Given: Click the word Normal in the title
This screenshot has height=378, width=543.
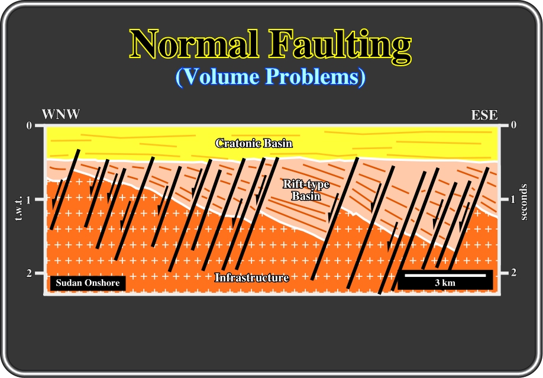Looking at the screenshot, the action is point(194,44).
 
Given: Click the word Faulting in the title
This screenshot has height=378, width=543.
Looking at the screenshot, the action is point(341,46).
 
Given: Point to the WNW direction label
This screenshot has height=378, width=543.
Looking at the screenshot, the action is point(60,114).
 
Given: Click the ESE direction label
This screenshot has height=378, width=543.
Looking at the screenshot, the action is point(484,115).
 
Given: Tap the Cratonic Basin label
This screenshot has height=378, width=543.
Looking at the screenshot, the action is point(254,143).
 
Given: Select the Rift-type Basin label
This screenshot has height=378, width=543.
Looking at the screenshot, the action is point(306,190).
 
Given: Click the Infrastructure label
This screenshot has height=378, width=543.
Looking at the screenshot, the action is point(252,277).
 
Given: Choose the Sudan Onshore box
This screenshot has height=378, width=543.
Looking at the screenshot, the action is point(88,283).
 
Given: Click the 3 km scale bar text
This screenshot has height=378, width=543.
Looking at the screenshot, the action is point(445,283).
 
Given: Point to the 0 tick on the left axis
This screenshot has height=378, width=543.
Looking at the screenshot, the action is point(29,125).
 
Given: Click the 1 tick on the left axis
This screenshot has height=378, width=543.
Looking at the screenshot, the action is point(29,199).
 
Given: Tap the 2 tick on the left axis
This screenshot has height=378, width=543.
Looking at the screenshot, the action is point(29,273).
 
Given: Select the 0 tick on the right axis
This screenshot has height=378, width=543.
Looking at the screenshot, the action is point(513,124).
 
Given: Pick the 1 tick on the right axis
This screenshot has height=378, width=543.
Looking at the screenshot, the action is point(513,199).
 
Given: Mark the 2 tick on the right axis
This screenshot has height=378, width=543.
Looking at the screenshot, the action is point(513,272).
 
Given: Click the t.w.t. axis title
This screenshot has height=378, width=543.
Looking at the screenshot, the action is point(19,209).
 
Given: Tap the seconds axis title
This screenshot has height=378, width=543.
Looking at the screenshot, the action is point(523,202).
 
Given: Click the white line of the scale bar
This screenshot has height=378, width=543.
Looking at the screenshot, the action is point(445,276).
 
